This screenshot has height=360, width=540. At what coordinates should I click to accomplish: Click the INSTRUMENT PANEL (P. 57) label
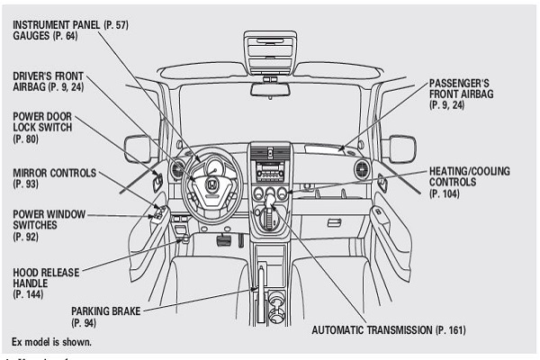[x=70, y=24]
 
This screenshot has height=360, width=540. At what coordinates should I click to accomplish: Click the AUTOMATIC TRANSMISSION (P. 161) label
[x=389, y=330]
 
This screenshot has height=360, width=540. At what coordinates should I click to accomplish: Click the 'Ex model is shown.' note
[x=51, y=343]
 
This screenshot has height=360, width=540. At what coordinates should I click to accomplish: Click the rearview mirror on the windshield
[x=270, y=89]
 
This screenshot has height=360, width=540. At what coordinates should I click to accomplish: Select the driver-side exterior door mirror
[x=137, y=148]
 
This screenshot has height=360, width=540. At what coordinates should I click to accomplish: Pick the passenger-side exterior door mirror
[x=401, y=148]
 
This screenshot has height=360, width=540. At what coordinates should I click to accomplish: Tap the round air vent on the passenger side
[x=362, y=169]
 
